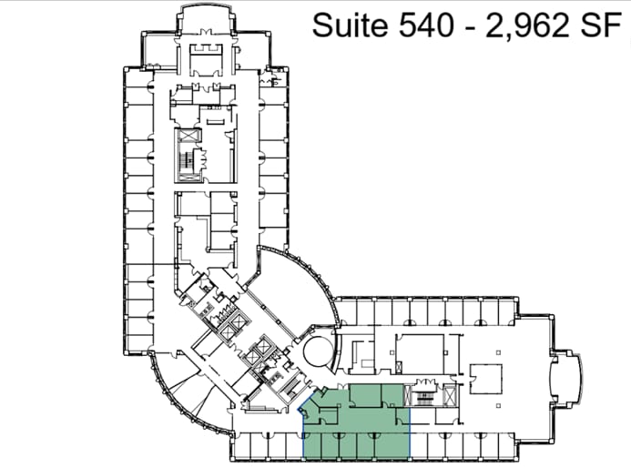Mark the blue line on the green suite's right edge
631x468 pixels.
[410, 419]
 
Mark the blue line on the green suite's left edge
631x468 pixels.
[302, 428]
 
